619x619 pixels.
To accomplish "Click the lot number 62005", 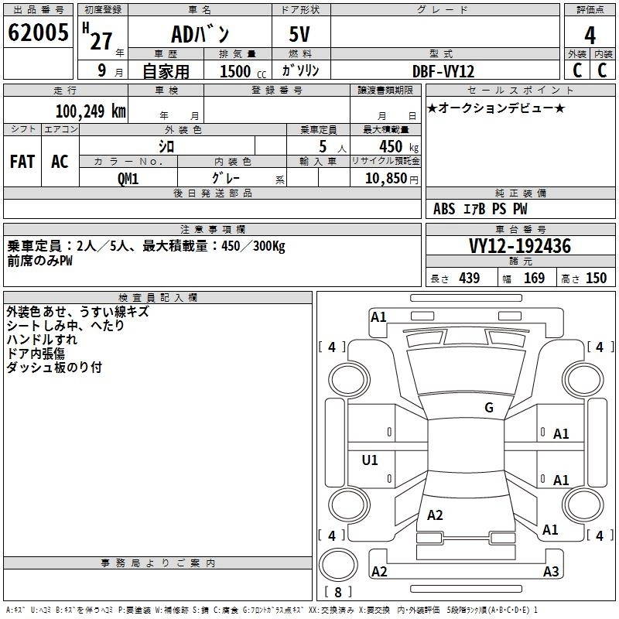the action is click(38, 32).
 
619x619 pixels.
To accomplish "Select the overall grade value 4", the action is click(590, 35).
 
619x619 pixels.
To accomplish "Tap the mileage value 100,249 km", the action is click(91, 111).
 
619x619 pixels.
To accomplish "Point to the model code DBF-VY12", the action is click(443, 71).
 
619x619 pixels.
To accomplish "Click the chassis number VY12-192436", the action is click(520, 245).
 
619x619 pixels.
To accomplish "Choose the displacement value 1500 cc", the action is click(243, 71).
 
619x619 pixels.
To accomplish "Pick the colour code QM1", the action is click(128, 179).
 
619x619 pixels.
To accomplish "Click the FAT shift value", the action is click(22, 162).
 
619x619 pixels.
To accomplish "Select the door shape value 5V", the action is click(299, 34).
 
